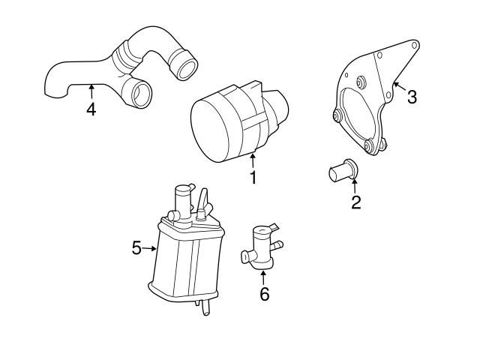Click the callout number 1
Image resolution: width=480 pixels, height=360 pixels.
pos(253,178)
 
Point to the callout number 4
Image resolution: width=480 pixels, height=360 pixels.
pos(91,109)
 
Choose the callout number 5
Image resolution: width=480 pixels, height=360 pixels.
pos(136,247)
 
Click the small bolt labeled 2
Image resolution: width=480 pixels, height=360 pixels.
pos(343,172)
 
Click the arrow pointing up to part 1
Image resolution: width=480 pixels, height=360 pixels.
pos(253,160)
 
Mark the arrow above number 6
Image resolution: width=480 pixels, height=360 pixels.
pos(263,277)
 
